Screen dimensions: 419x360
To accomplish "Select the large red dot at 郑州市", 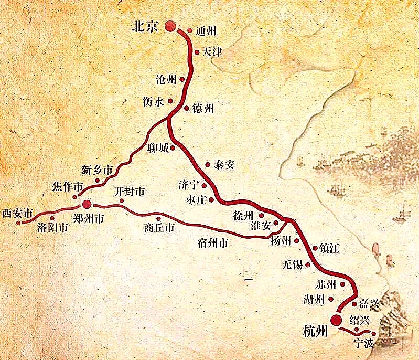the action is coord(87,204).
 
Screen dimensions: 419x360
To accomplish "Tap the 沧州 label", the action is coord(167,79).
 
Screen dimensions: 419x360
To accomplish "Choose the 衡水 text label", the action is coord(153,102).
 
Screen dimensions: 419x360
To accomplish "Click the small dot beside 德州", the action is coord(187,108).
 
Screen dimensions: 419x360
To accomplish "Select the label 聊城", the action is coord(158,149).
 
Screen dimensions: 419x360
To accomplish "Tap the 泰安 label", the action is coord(223,164).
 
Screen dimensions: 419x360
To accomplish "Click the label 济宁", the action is coord(189,185).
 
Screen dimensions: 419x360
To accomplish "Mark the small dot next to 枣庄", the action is coord(211,200).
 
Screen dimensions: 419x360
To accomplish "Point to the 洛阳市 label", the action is coord(52,228).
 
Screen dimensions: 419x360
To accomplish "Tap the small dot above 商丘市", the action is coord(158,218).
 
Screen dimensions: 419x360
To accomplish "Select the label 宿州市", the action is coord(212,243).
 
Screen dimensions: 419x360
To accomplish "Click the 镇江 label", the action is coord(329,248).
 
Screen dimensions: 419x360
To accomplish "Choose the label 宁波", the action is coord(366,345).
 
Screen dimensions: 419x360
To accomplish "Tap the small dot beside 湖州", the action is coord(331,299).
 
